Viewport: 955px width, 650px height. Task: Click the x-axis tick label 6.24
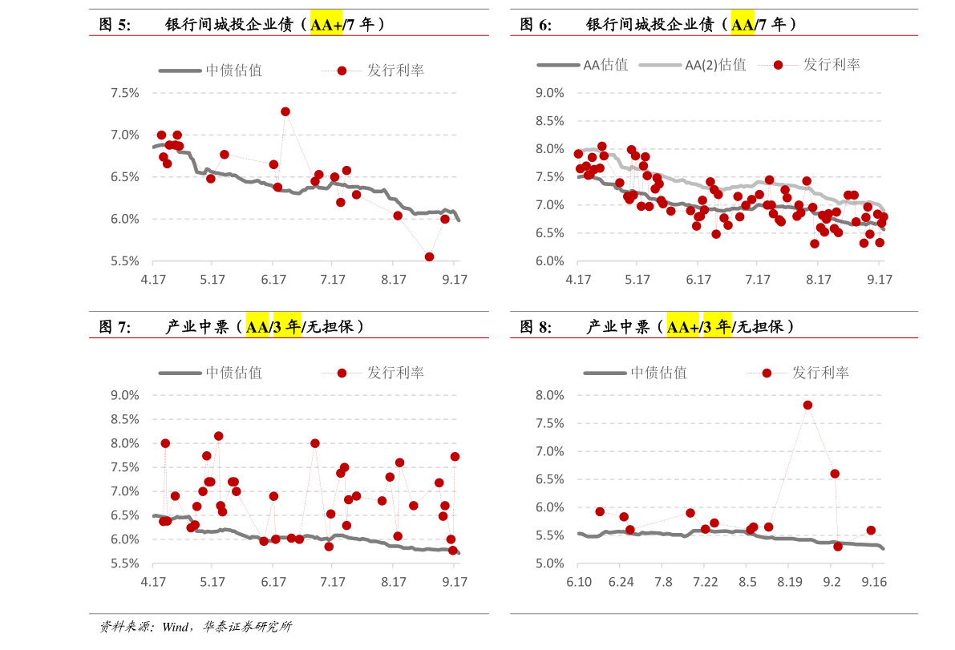[621, 582]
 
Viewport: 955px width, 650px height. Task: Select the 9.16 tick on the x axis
[874, 582]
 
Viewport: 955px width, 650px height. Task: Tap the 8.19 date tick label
[789, 582]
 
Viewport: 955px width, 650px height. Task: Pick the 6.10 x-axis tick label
[578, 582]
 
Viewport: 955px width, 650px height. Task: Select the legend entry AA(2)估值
[715, 65]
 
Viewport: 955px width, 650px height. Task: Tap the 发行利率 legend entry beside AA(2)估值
[831, 65]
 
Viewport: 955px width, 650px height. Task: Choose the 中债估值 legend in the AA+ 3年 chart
[658, 373]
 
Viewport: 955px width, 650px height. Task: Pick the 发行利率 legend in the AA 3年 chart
[395, 373]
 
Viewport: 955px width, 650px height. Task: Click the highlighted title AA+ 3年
[699, 327]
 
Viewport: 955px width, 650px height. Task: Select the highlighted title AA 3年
[273, 327]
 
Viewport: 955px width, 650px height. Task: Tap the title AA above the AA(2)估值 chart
[743, 25]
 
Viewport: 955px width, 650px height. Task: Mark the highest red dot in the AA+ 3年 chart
[807, 405]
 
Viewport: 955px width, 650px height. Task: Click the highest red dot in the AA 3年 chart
[218, 436]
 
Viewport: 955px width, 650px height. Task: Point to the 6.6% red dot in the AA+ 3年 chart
[835, 474]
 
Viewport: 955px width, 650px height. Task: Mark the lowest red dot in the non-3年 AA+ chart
[429, 256]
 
